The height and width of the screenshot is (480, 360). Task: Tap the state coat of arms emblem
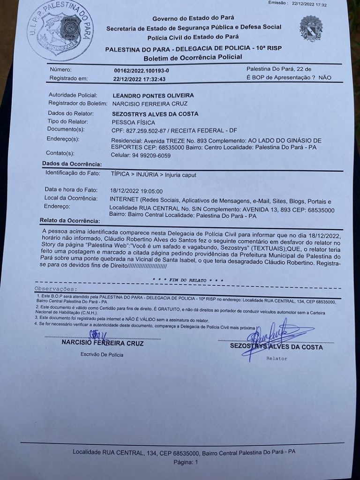pos(311,28)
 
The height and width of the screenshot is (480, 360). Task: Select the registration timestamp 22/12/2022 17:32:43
pos(140,79)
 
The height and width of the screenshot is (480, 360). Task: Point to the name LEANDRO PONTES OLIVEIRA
pos(153,95)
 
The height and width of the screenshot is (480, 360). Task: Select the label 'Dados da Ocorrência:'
pos(71,164)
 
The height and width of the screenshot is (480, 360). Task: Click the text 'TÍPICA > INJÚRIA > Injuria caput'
pos(154,174)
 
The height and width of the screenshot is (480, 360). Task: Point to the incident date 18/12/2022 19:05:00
pos(136,191)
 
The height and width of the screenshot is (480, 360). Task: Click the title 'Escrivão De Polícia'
pos(102,354)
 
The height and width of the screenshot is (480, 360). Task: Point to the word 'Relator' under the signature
pos(277,359)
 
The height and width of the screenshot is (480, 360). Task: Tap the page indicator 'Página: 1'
pos(186,462)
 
